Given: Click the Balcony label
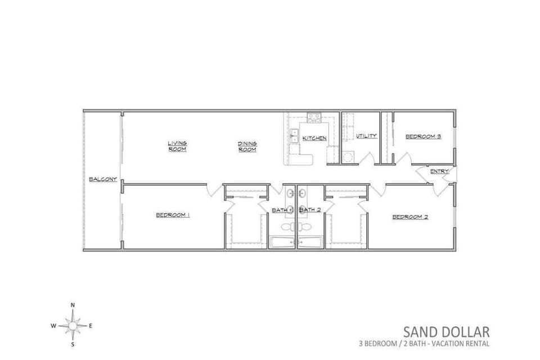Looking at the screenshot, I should click(x=103, y=179).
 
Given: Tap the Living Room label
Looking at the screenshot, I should click(x=177, y=146).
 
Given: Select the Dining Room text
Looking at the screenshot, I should click(x=247, y=146).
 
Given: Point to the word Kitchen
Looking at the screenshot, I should click(x=314, y=138).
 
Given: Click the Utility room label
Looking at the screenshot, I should click(x=366, y=136).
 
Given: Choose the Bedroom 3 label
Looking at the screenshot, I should click(x=423, y=136).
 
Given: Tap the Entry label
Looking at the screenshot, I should click(x=439, y=171).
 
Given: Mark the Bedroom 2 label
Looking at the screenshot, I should click(x=410, y=217).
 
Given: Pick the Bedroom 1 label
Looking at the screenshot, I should click(x=173, y=215).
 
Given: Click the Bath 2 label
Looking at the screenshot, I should click(x=310, y=210).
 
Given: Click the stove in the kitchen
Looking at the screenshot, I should click(x=313, y=118).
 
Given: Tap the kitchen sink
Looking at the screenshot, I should click(x=294, y=136).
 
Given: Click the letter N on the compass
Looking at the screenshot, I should click(x=73, y=305).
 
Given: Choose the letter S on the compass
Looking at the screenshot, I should click(x=73, y=344).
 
